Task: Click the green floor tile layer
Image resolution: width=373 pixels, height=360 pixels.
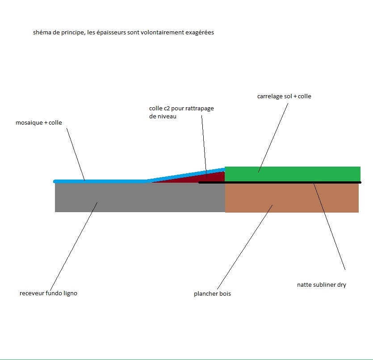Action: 293,174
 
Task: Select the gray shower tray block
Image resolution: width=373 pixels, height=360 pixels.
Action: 140,197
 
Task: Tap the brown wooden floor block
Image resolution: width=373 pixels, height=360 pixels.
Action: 292,198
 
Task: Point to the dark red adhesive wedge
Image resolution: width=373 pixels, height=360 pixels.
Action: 207,178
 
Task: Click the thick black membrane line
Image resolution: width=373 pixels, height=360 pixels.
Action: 280,183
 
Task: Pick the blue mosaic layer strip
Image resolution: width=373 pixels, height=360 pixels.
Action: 139,177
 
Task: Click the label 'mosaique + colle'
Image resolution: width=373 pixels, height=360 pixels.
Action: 39,123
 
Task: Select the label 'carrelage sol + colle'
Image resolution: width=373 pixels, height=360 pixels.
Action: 284,96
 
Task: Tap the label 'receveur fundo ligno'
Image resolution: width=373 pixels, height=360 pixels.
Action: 49,293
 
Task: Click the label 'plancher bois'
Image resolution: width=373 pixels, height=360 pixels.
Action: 213,293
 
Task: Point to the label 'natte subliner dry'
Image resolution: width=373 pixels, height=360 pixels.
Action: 322,285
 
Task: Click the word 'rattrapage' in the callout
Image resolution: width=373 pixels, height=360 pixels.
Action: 200,109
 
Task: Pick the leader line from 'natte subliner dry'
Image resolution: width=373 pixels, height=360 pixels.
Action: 329,226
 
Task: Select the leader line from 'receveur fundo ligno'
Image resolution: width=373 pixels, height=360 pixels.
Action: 74,247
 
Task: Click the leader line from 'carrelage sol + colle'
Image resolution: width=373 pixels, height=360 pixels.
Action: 273,138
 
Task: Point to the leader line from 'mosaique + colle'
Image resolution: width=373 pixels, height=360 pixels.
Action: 75,155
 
